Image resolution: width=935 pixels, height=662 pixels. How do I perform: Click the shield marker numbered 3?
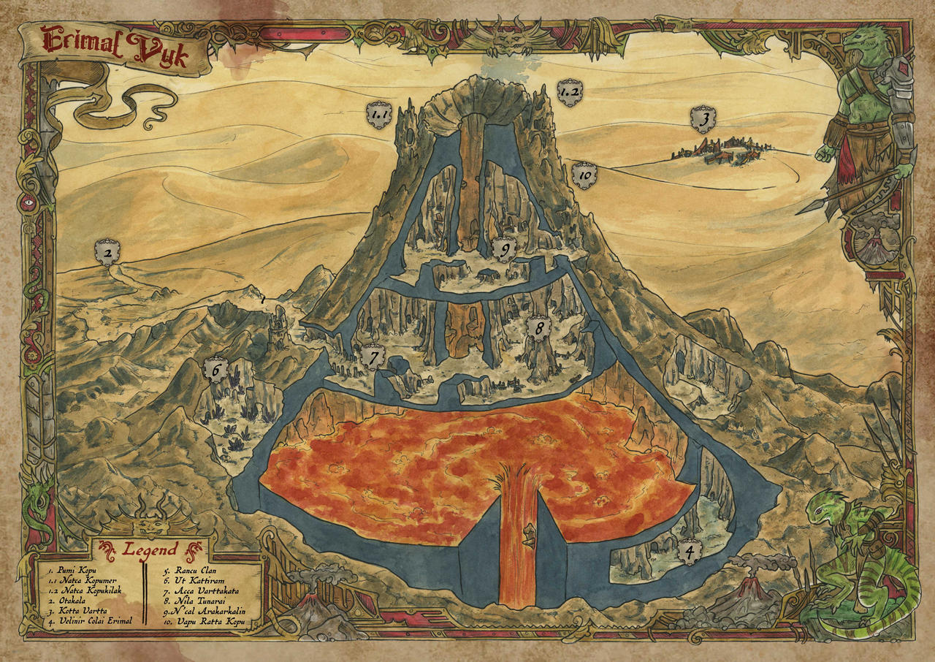click(x=703, y=118)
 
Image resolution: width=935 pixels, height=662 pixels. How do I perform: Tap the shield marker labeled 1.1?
click(x=379, y=115)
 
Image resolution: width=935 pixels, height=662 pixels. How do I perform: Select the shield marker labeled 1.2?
click(x=569, y=92)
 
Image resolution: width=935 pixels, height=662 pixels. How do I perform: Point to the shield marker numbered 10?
click(x=585, y=175)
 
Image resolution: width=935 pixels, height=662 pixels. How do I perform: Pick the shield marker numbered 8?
click(x=539, y=329)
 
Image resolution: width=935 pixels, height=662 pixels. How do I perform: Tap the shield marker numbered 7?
click(x=373, y=357)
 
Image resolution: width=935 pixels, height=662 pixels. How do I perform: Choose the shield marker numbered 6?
click(x=216, y=370)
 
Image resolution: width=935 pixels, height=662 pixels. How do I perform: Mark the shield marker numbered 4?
click(x=687, y=552)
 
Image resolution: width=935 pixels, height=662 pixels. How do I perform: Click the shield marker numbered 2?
click(x=107, y=254)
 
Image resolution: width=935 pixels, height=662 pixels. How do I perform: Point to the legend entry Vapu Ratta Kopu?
click(x=207, y=622)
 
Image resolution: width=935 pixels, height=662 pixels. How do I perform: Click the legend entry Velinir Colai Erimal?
click(x=93, y=622)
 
